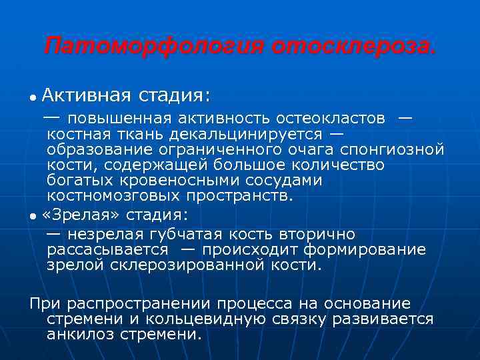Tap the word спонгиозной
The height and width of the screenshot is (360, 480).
pos(393,149)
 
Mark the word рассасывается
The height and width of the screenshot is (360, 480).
pos(108,249)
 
